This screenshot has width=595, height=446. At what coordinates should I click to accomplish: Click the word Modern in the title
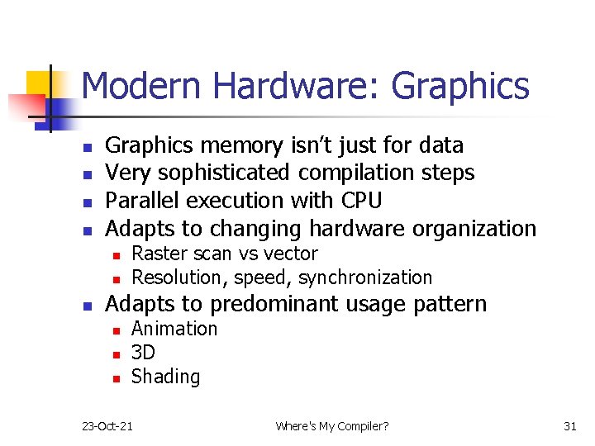[x=140, y=86]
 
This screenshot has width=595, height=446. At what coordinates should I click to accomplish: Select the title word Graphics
[x=460, y=86]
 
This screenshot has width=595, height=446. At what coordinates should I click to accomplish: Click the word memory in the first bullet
[x=245, y=145]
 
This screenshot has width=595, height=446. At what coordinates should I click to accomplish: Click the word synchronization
[x=365, y=278]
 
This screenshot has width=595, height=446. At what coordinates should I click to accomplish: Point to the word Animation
[x=174, y=329]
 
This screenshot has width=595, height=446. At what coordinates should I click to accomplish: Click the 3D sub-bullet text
[x=143, y=353]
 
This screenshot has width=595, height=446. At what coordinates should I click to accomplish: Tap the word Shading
[x=165, y=377]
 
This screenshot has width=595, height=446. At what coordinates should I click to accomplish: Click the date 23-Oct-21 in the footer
[x=107, y=426]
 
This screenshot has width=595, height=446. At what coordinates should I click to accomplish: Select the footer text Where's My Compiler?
[x=331, y=426]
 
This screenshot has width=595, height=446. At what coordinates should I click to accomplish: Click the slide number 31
[x=569, y=426]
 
